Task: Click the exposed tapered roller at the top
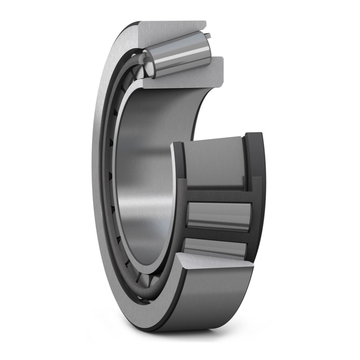(180, 55)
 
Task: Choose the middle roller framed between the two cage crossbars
(218, 216)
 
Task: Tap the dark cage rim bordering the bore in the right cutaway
(178, 200)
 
